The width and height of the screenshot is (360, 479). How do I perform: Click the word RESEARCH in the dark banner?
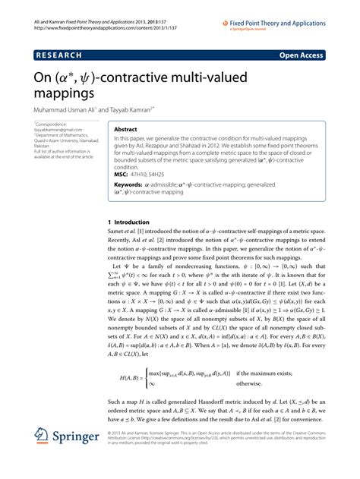[60, 55]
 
